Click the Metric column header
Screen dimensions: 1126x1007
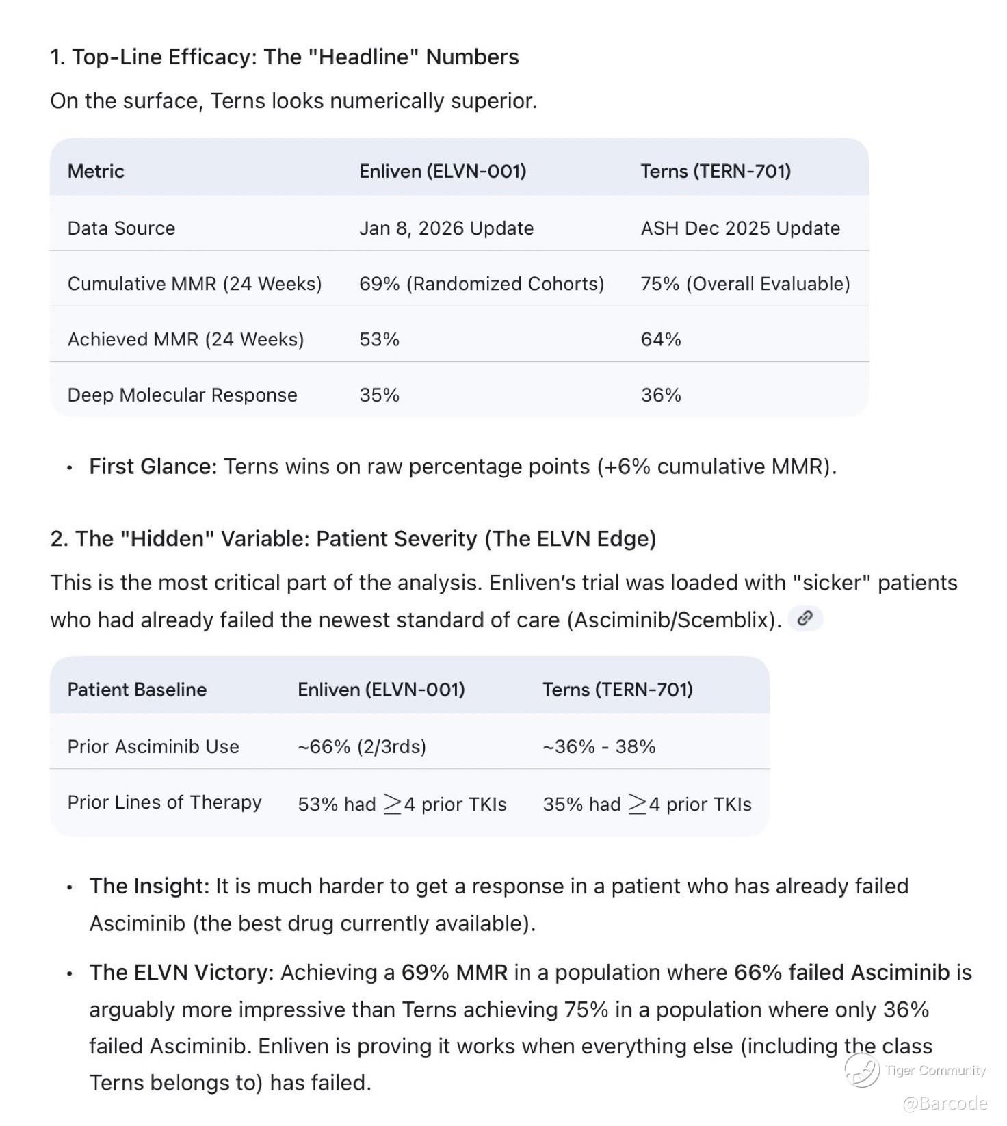tap(96, 171)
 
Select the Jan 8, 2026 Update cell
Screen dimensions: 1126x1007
tap(446, 228)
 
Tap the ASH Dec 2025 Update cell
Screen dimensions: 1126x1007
tap(740, 228)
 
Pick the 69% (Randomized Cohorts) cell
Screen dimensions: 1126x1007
tap(481, 284)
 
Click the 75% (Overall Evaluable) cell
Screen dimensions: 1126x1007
tap(745, 284)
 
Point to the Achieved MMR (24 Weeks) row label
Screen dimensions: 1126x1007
tap(185, 339)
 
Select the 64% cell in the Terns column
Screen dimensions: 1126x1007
tap(660, 339)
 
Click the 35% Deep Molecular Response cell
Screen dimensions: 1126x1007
tap(379, 395)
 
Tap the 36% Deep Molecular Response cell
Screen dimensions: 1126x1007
tap(660, 395)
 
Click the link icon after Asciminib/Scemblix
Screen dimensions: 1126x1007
tap(805, 618)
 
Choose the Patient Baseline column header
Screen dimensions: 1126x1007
tap(137, 690)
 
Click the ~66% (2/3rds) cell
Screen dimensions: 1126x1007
tap(361, 746)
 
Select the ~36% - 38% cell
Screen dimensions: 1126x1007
tap(599, 746)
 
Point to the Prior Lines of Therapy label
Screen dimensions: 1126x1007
tap(164, 802)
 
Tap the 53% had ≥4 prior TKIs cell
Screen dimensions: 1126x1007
tap(402, 804)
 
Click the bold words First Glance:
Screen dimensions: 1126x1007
tap(153, 467)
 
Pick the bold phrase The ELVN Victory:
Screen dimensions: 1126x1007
tap(181, 972)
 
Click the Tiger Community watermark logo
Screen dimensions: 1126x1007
tap(862, 1070)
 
